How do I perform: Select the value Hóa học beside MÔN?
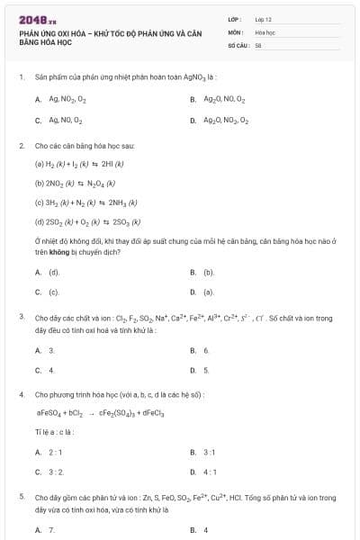[x=265, y=31]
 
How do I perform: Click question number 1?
[x=21, y=78]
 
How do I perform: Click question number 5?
[x=21, y=497]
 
